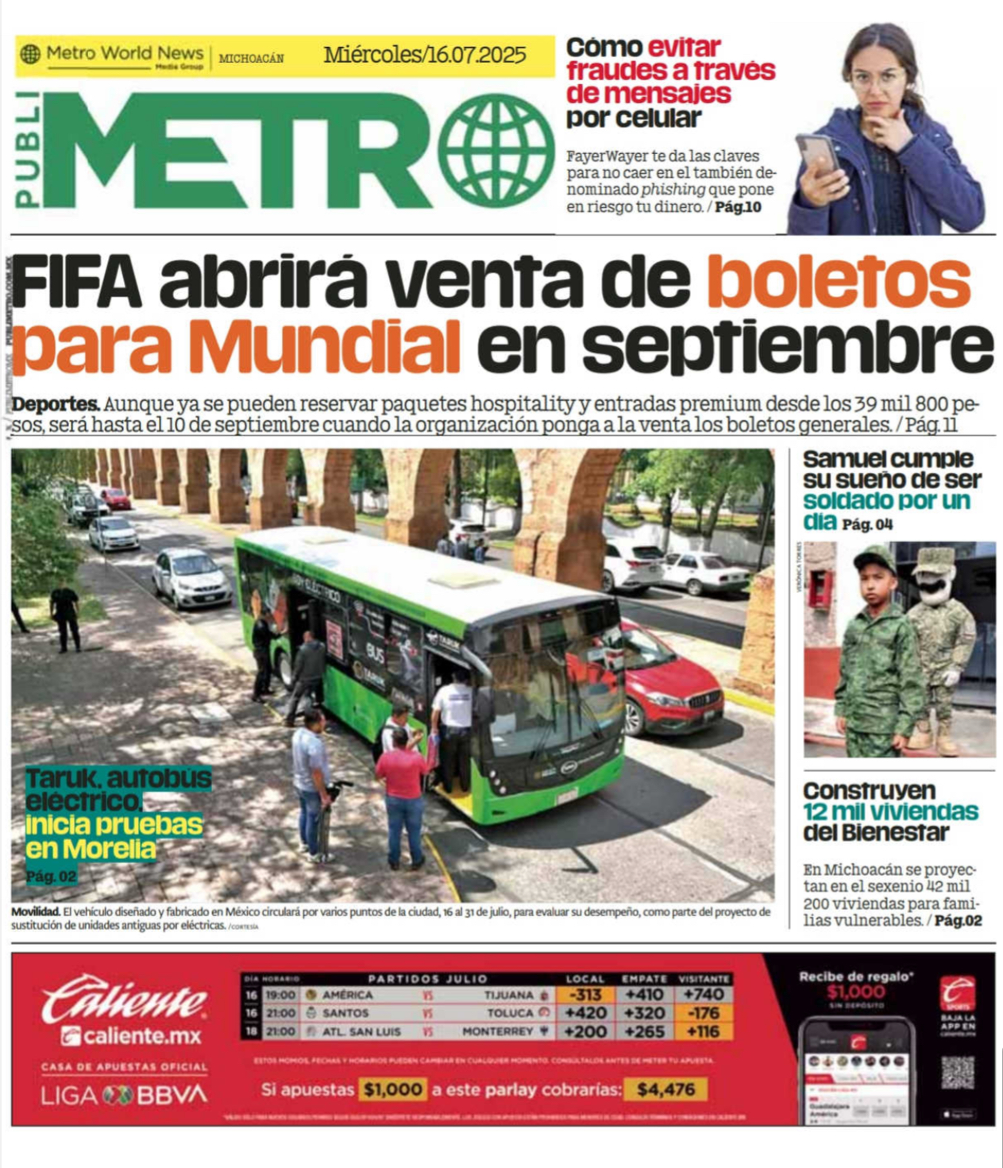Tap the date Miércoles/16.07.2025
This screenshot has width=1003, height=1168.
424,55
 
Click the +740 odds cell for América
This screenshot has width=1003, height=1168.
704,994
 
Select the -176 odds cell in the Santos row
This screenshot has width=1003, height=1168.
704,1013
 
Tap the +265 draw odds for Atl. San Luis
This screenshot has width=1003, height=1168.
645,1031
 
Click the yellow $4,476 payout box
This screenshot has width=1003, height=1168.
665,1089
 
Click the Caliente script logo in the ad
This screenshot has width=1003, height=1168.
123,1001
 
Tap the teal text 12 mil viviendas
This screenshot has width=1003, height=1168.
890,811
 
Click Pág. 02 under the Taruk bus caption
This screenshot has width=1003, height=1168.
52,877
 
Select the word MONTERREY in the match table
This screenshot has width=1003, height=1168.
497,1031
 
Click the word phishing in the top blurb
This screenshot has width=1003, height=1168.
673,190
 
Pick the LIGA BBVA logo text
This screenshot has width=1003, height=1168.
124,1096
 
